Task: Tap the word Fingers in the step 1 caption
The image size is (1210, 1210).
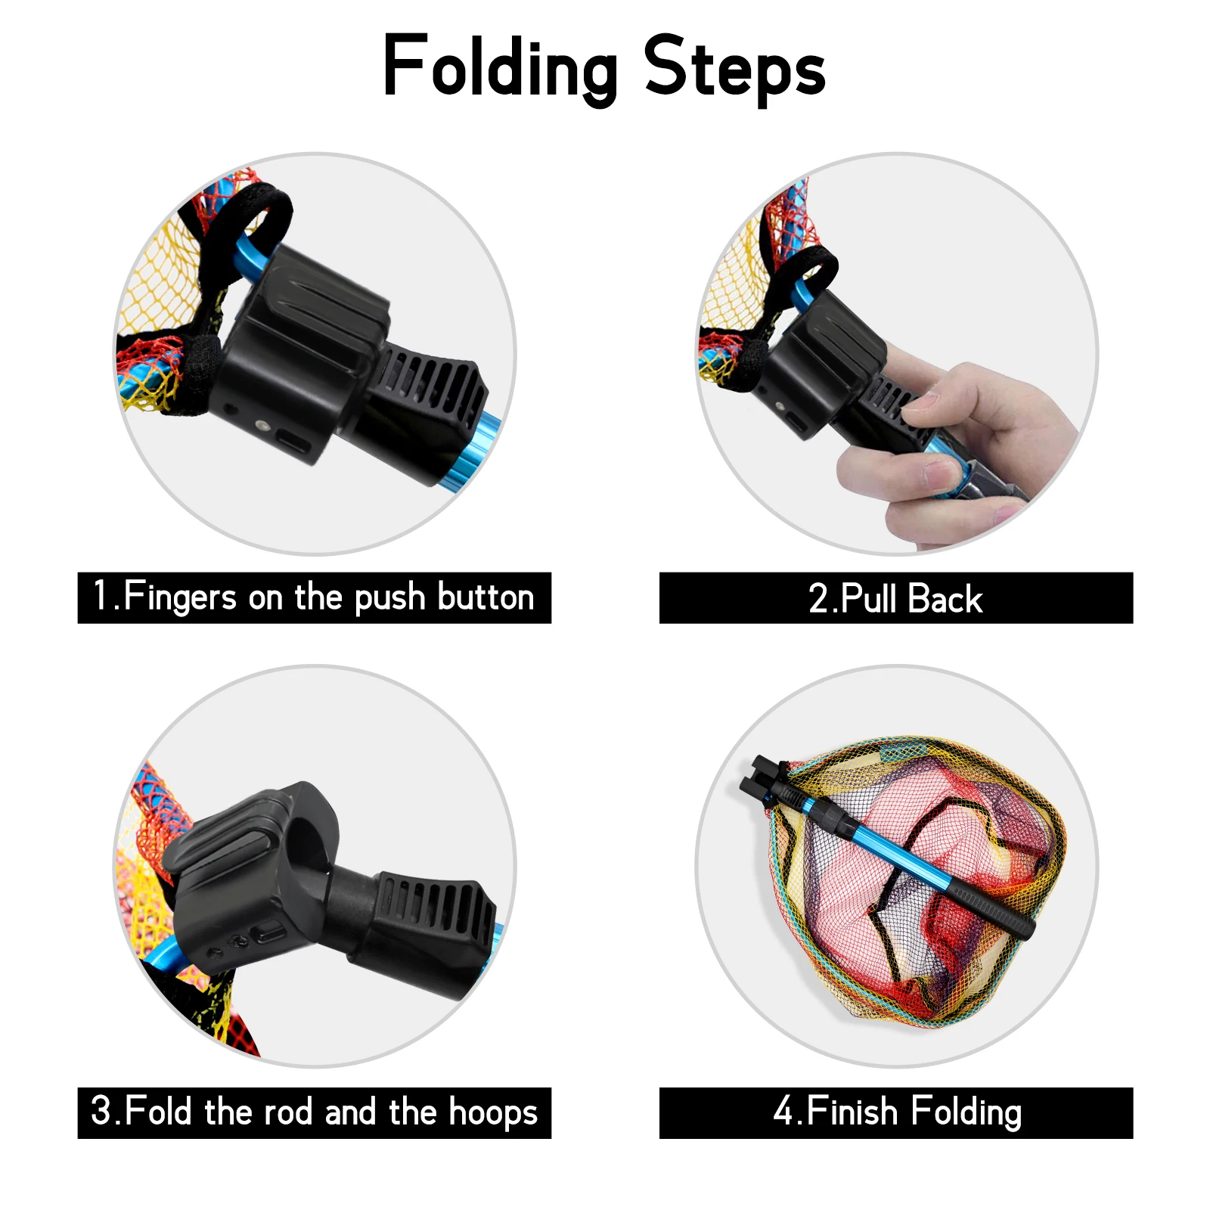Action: [180, 597]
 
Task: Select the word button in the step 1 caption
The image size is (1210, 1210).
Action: [486, 597]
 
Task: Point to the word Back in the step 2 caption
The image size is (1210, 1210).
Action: [945, 598]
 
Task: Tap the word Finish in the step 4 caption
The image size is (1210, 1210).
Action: [852, 1112]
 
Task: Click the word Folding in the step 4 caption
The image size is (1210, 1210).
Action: [966, 1113]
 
